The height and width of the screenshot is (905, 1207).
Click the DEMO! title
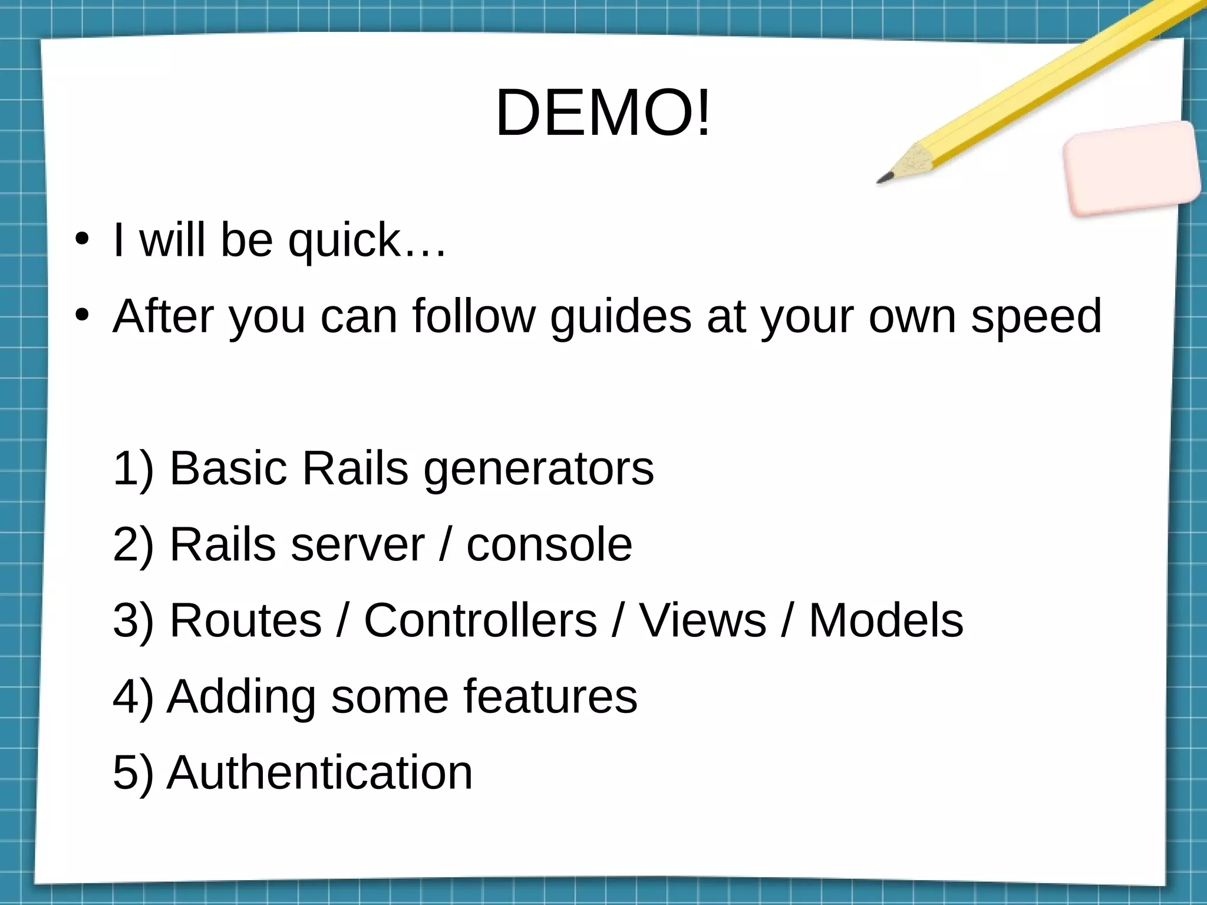pyautogui.click(x=603, y=112)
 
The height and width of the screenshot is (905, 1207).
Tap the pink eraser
pyautogui.click(x=1132, y=168)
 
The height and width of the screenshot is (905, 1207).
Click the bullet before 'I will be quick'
pyautogui.click(x=82, y=240)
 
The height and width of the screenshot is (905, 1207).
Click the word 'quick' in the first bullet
pyautogui.click(x=344, y=240)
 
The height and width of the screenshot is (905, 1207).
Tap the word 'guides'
pyautogui.click(x=621, y=316)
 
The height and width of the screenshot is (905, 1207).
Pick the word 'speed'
pyautogui.click(x=1036, y=316)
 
